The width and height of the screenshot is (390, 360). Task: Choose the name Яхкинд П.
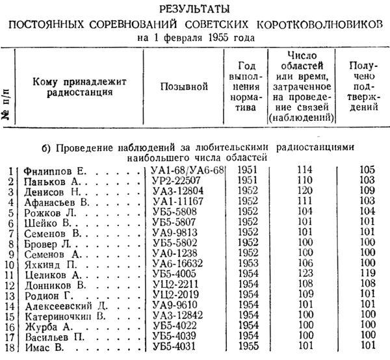(48, 264)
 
